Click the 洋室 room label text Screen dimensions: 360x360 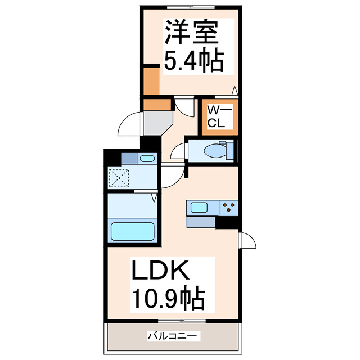(190, 33)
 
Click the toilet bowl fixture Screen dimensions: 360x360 (215, 150)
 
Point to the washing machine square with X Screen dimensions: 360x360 (119, 179)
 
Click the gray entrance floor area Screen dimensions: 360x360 (156, 121)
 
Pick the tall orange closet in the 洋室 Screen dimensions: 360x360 (151, 80)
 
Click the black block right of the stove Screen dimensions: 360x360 (228, 222)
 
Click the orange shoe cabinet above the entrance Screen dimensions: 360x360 (156, 104)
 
